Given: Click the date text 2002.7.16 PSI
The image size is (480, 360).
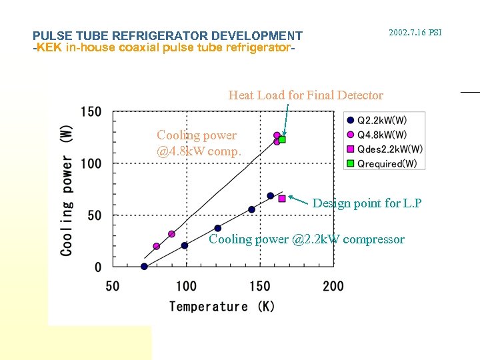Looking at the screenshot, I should click(415, 32).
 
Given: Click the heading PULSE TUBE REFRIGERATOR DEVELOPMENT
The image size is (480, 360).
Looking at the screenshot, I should click(167, 36).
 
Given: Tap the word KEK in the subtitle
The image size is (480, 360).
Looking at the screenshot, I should click(49, 48).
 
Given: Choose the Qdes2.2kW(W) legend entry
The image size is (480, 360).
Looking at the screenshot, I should click(389, 149).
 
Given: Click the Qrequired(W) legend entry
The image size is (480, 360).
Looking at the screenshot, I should click(387, 163).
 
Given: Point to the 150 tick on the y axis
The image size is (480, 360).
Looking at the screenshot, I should click(91, 111).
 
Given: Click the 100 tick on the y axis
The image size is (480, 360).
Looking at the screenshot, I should click(91, 163).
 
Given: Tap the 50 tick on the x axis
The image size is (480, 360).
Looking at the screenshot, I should click(113, 286).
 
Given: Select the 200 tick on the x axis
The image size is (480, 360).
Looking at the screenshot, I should click(333, 286).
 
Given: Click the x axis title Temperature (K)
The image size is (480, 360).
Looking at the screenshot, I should click(222, 307).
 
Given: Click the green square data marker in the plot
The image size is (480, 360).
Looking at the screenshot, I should click(282, 140).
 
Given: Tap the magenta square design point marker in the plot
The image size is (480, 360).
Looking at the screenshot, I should click(282, 199).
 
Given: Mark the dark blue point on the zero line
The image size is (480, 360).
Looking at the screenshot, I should click(144, 267).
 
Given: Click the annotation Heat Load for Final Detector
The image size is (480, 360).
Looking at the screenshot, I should click(305, 95).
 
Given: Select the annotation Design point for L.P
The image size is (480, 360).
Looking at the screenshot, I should click(367, 203).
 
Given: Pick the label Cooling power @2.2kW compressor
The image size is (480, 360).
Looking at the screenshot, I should click(307, 239).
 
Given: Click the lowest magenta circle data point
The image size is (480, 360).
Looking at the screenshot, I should click(157, 246).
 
